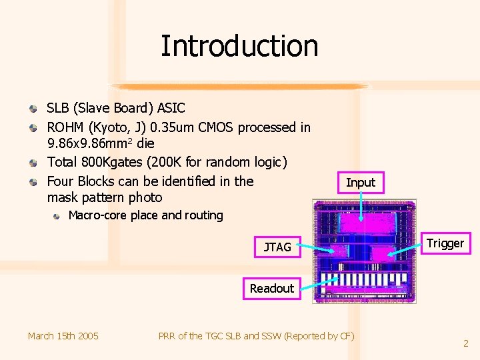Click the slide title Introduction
(239, 46)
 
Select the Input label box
(361, 182)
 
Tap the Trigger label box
(445, 243)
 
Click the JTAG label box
(277, 247)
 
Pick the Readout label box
(271, 289)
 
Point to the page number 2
(466, 343)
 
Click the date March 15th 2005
(63, 336)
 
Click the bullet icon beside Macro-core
(58, 215)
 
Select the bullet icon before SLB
(34, 108)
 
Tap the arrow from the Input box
(361, 207)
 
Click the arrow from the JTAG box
(317, 249)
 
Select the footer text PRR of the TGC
(199, 336)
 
